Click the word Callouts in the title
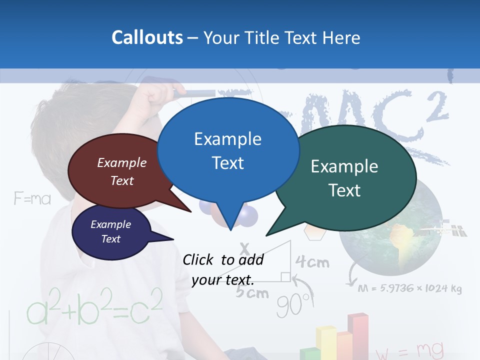point(147,37)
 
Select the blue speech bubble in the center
point(228,150)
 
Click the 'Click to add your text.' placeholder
point(222,269)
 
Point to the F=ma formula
point(32,199)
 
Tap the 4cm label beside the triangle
point(312,261)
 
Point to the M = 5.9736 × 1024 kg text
point(409,288)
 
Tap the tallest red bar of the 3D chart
point(357,335)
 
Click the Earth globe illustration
point(390,230)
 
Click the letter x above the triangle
point(244,248)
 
